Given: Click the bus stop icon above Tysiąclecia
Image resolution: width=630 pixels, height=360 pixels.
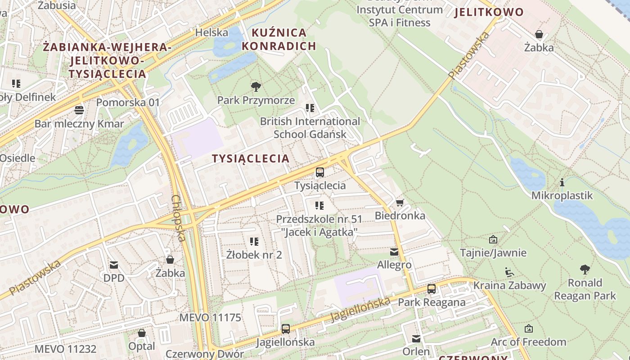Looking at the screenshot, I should (x=319, y=172).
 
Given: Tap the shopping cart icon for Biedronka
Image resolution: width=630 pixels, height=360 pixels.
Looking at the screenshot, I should (x=400, y=202).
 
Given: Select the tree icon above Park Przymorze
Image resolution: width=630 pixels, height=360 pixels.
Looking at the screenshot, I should (x=256, y=86).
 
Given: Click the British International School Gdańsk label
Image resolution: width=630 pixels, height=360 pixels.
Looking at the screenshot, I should (x=310, y=128).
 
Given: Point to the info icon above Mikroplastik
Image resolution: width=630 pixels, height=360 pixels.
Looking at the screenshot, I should (x=562, y=182).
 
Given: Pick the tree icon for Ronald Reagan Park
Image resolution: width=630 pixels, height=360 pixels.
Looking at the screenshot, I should (x=585, y=270).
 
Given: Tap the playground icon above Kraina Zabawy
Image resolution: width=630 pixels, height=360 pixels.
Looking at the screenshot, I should (x=509, y=272).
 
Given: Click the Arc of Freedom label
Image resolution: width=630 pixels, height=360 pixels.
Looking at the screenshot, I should (x=528, y=342).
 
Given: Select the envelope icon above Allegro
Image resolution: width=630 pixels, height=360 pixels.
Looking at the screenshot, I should (x=394, y=252).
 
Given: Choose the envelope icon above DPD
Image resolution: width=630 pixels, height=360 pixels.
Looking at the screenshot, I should (x=113, y=265).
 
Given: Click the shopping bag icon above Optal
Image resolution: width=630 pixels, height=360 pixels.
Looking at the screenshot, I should (x=142, y=333).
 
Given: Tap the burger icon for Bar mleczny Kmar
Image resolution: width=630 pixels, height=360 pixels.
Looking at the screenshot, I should (x=79, y=110).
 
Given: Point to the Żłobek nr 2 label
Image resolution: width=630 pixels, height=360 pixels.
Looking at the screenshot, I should (x=254, y=255).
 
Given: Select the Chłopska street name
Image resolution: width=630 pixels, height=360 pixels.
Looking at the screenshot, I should (x=179, y=218).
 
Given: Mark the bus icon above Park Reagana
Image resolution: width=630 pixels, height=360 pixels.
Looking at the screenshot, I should (x=431, y=289).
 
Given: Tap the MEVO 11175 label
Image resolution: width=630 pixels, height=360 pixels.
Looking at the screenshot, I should (x=210, y=318).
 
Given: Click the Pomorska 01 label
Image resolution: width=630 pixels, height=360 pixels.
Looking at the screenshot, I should (x=128, y=103).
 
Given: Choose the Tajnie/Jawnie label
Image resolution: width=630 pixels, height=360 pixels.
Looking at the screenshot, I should (x=493, y=253).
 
